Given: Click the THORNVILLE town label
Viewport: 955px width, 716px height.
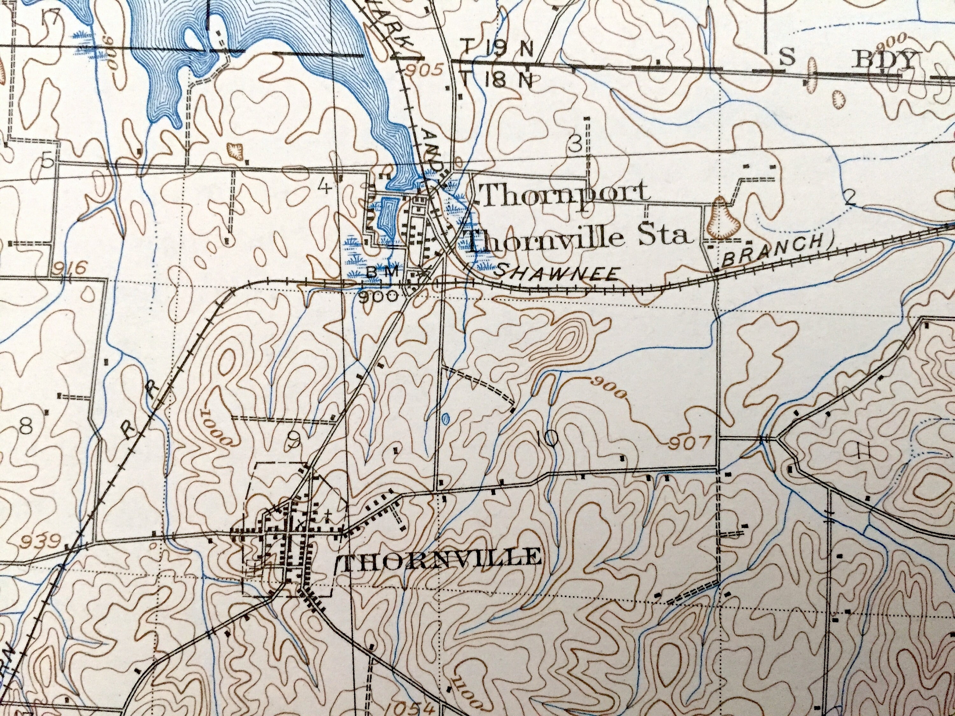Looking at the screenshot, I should click(x=440, y=557).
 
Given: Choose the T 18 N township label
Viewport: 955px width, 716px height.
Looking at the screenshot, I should click(x=497, y=79).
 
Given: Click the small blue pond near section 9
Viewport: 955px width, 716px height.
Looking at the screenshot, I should click(x=445, y=418).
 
